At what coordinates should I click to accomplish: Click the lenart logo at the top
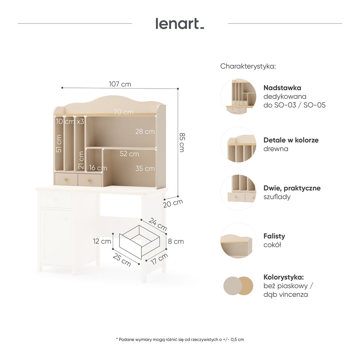[180, 24]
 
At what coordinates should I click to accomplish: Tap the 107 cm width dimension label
[120, 84]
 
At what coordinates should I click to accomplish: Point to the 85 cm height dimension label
[182, 142]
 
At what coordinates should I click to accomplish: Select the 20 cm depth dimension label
[173, 203]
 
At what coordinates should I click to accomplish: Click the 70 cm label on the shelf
[123, 112]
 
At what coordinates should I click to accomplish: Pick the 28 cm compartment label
[145, 131]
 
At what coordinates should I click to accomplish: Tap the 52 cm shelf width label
[129, 154]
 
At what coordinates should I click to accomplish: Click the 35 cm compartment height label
[145, 168]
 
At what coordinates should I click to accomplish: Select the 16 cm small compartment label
[98, 168]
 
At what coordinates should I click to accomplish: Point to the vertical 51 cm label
[59, 144]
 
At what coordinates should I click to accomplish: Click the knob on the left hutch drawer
[66, 179]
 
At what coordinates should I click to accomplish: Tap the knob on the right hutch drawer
[89, 180]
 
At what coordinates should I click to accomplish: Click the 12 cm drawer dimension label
[102, 241]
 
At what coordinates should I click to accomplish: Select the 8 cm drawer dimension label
[176, 242]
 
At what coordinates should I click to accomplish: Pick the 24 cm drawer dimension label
[158, 224]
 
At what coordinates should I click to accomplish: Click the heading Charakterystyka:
[248, 66]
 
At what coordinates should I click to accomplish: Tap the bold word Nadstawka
[282, 88]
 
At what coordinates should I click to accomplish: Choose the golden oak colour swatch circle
[245, 286]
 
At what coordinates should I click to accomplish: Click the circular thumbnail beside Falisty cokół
[238, 240]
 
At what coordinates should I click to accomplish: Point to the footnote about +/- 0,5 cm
[180, 339]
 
